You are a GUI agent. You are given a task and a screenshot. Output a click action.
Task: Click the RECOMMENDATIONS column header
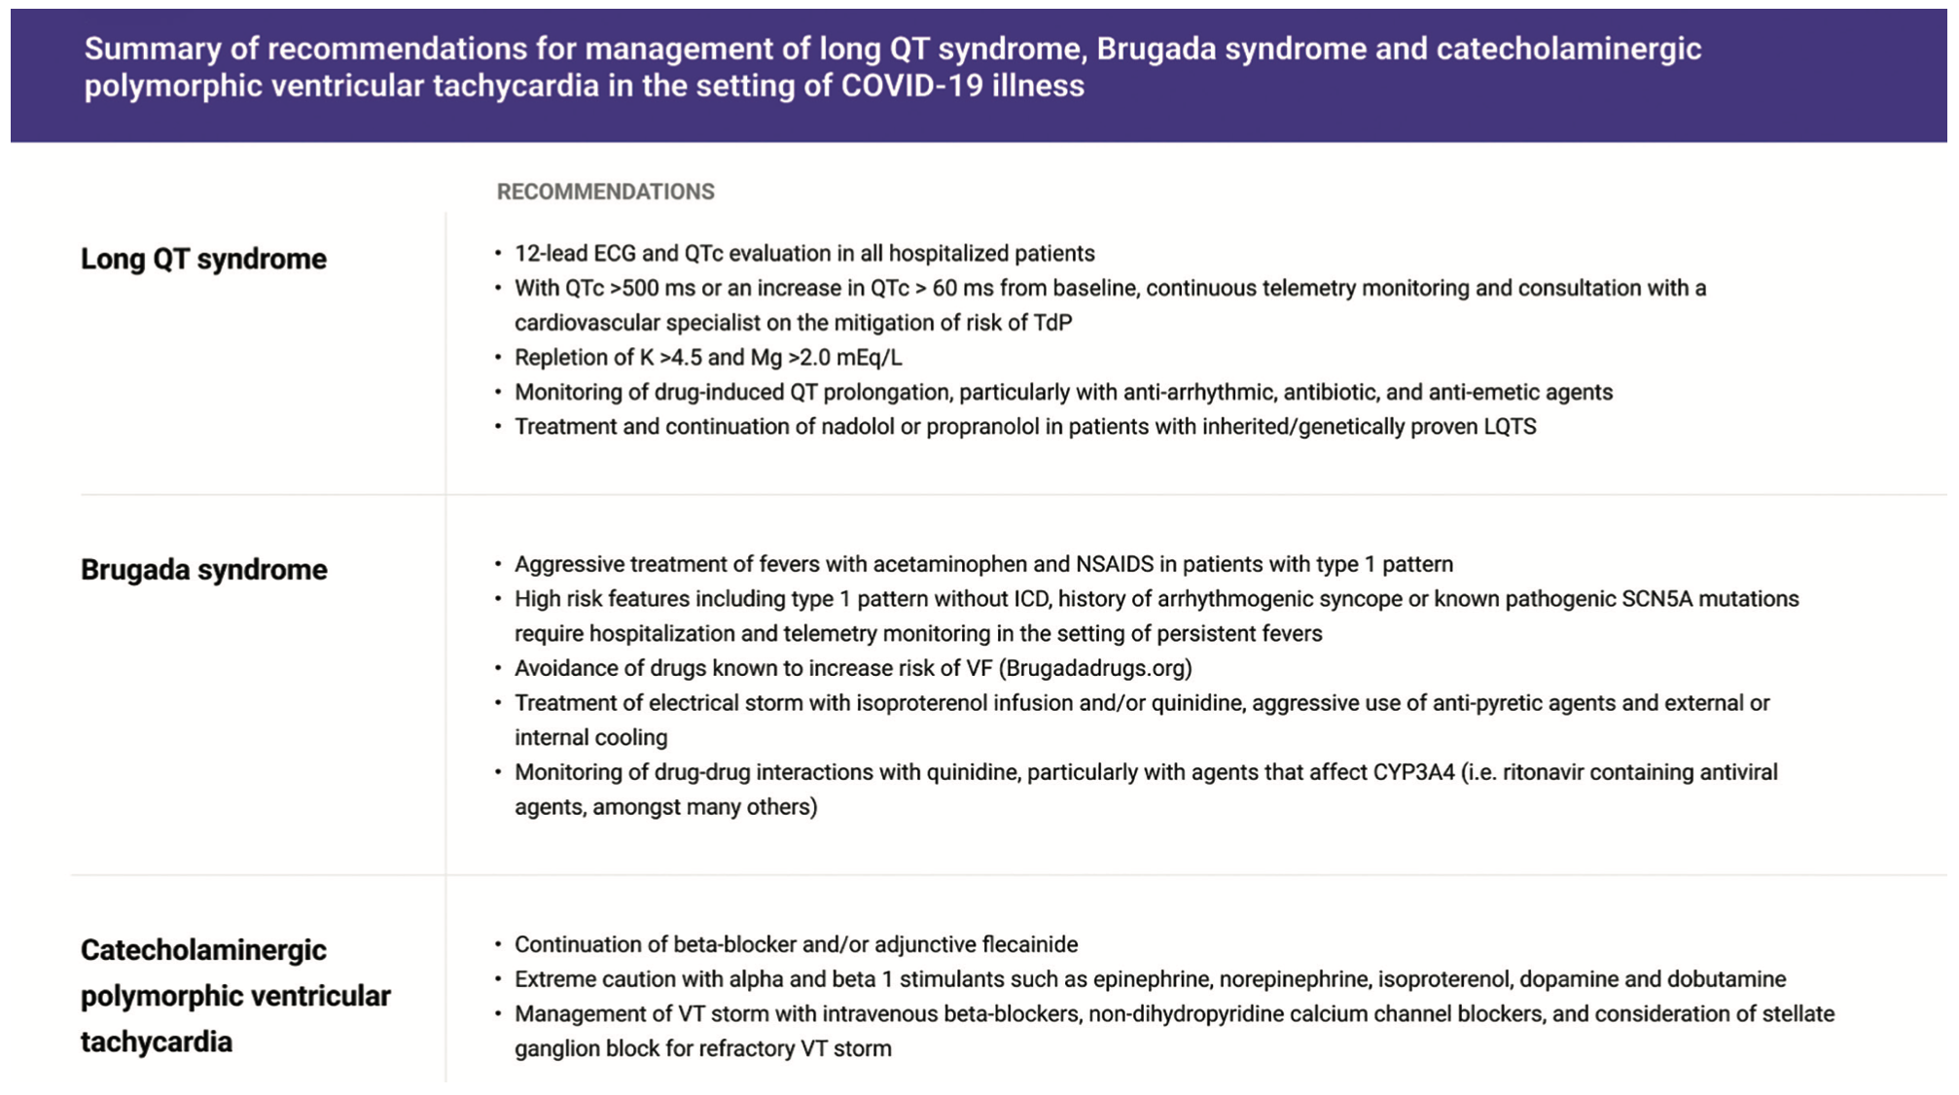coord(605,192)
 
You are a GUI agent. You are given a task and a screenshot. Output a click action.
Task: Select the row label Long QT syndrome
coord(203,259)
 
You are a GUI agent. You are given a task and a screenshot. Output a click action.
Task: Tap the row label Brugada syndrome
coord(203,569)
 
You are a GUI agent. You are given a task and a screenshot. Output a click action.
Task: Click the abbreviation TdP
coord(1052,323)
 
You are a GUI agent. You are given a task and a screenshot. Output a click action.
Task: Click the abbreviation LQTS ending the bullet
coord(1510,427)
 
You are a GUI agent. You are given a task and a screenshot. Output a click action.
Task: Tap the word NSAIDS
coord(1114,564)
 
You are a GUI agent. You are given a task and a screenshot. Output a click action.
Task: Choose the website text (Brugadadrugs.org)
coord(1095,668)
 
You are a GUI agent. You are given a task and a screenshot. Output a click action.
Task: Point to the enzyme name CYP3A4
coord(1413,772)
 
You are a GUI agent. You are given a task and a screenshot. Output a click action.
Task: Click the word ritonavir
coord(1549,772)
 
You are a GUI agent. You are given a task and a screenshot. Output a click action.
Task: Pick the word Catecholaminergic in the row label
coord(203,950)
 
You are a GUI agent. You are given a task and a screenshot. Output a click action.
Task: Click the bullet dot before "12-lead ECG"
coord(498,254)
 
